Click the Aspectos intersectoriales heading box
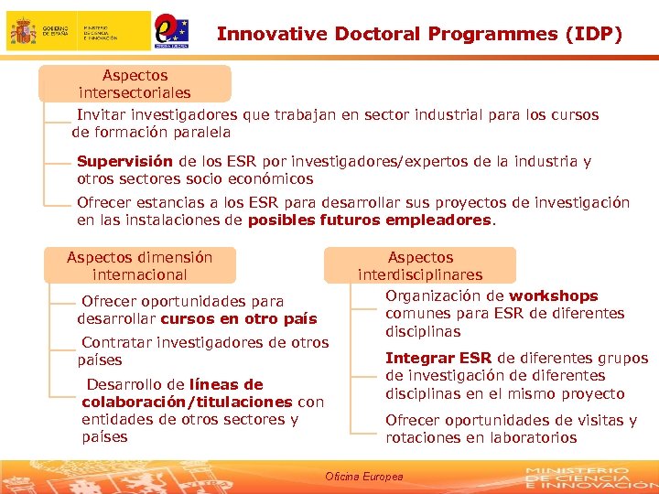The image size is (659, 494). pos(135,84)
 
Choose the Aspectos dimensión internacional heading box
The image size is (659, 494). pos(139,266)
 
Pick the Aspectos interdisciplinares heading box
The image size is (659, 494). pos(420,266)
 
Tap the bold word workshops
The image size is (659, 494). pos(553,296)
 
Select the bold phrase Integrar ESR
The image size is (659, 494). pos(438,359)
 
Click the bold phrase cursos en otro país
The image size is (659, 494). pos(238,319)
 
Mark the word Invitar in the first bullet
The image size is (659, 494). pos(101,115)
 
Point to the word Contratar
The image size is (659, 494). pos(116,343)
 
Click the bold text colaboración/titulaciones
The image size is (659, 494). pos(187,403)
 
